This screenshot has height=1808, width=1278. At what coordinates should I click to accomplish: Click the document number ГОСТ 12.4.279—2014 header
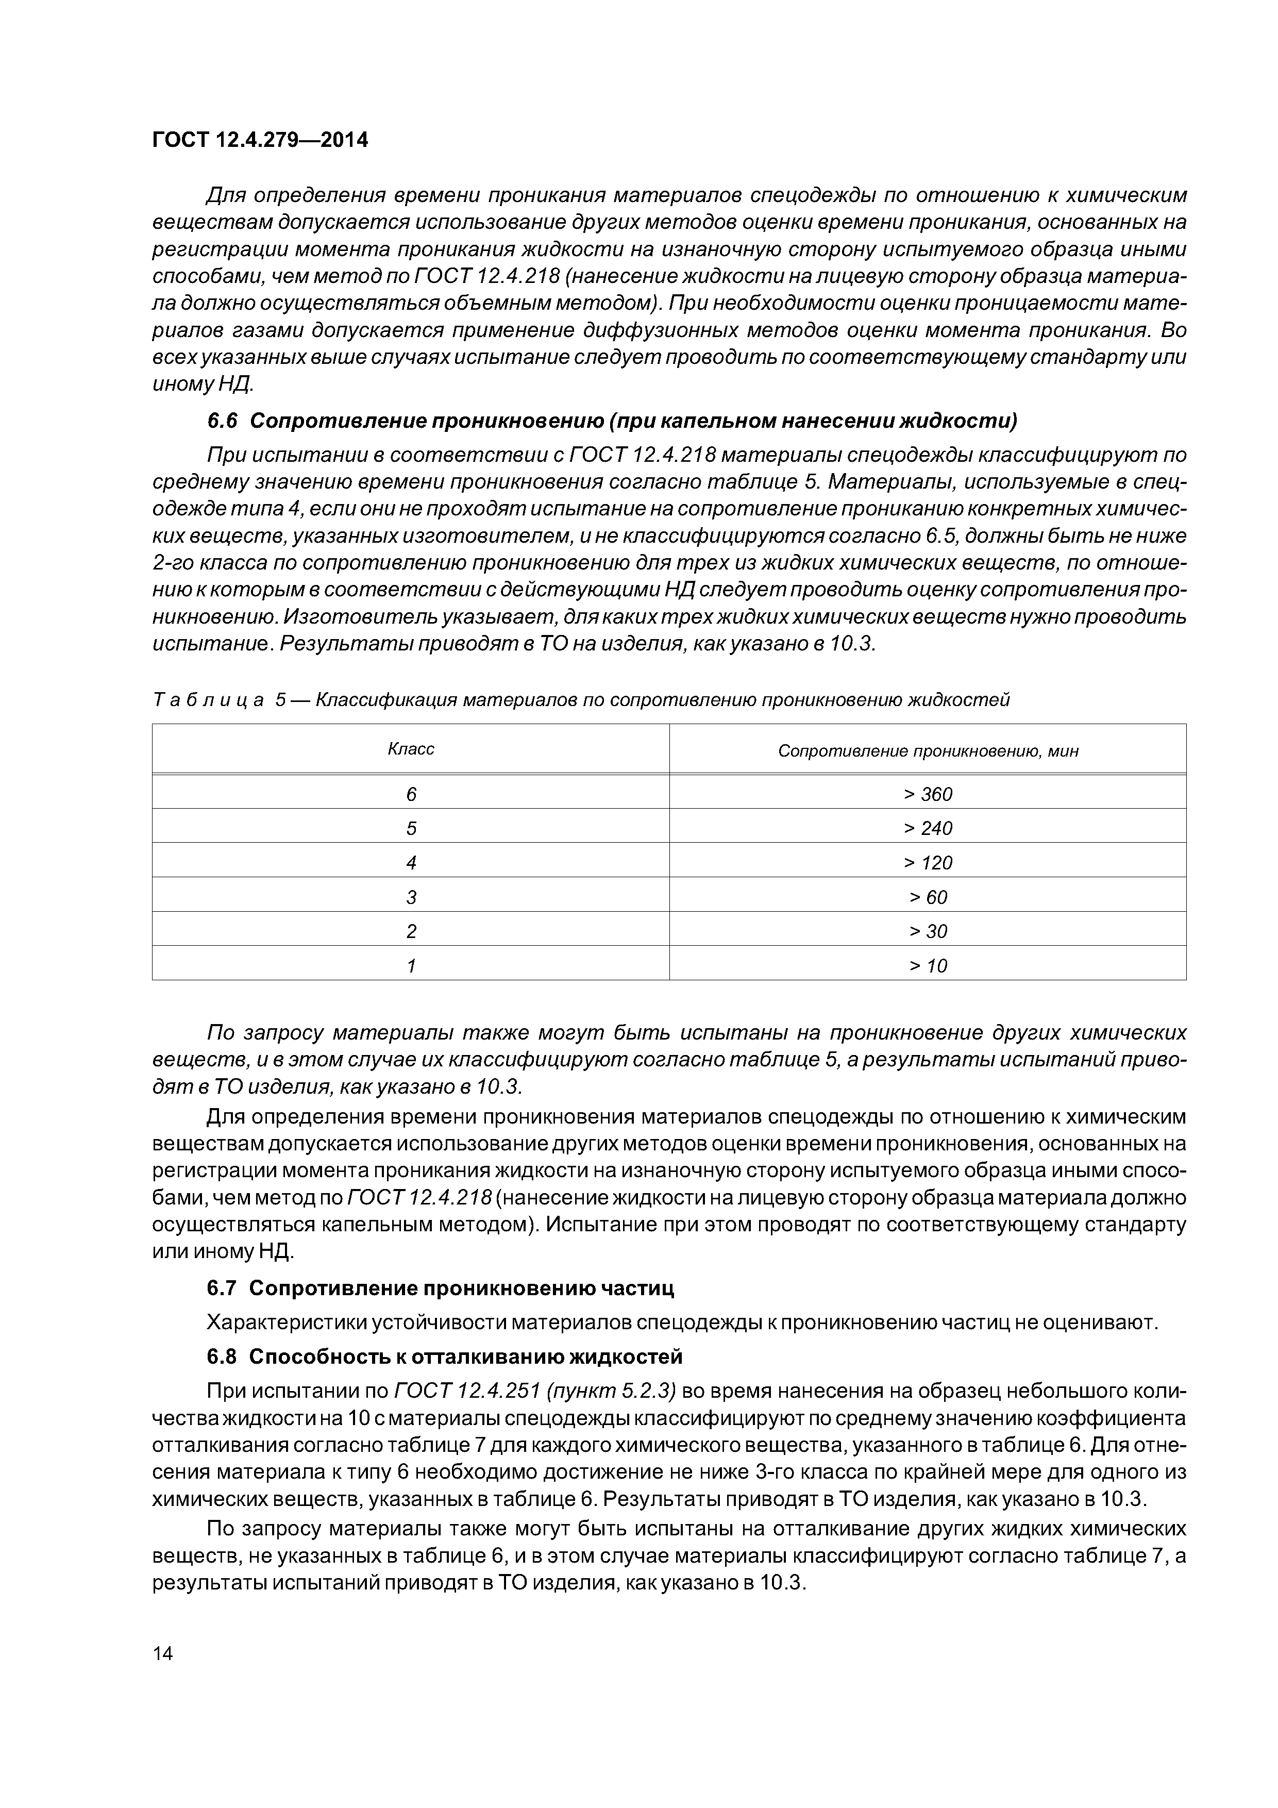[260, 141]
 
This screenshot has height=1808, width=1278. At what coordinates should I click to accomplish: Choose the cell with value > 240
[928, 828]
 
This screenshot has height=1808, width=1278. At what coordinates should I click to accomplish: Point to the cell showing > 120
[928, 863]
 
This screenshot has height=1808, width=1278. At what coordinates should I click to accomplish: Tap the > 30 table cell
[928, 931]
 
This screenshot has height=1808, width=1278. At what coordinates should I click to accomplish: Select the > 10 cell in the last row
[928, 966]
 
